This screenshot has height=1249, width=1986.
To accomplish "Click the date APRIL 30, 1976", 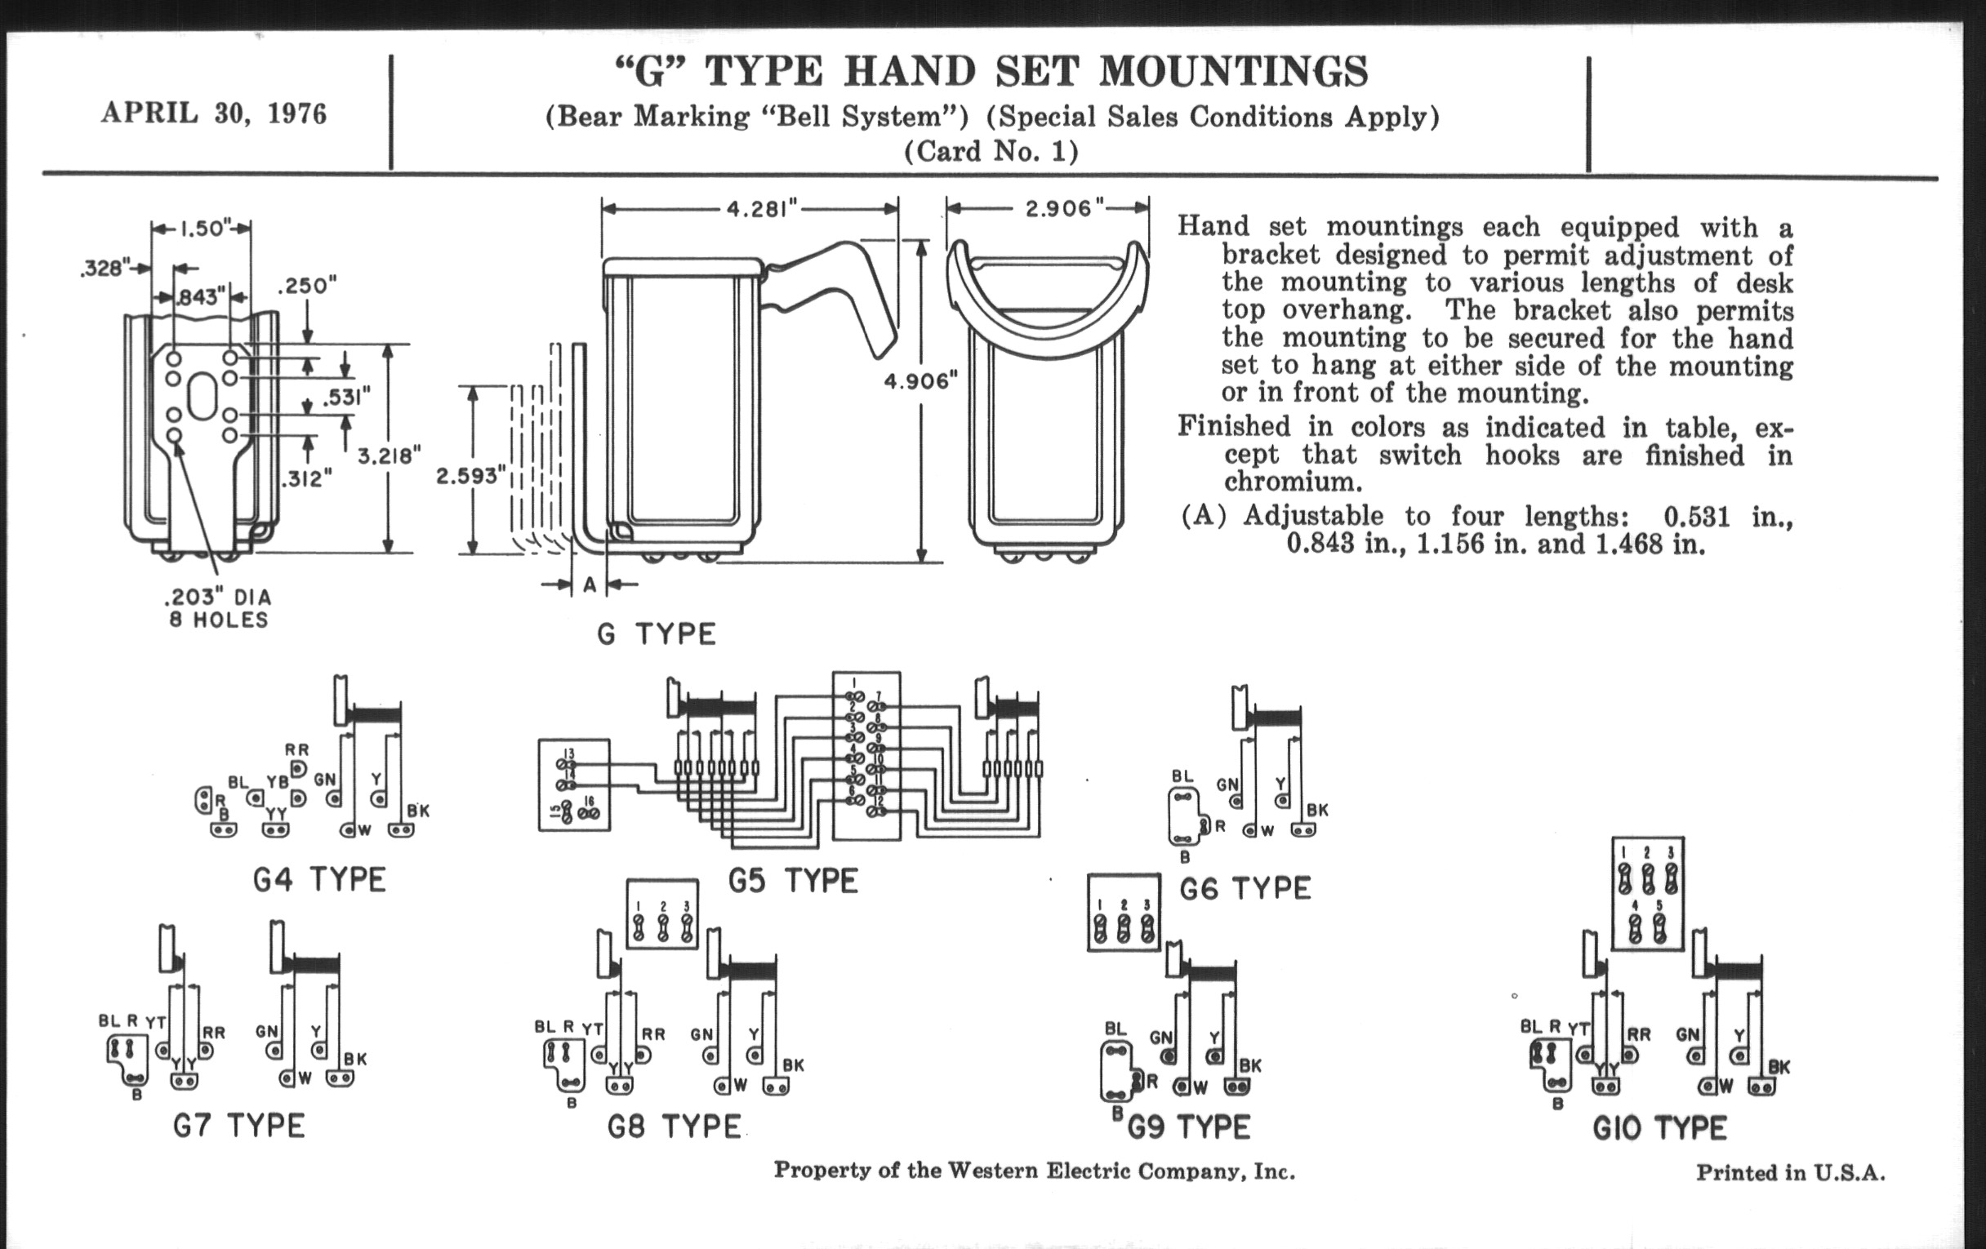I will pyautogui.click(x=214, y=113).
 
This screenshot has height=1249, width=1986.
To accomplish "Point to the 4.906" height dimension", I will pyautogui.click(x=920, y=381).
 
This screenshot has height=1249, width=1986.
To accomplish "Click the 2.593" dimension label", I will pyautogui.click(x=469, y=476).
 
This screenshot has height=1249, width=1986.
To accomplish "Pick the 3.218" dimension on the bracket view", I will pyautogui.click(x=389, y=455).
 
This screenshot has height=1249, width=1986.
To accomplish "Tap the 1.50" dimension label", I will pyautogui.click(x=201, y=229).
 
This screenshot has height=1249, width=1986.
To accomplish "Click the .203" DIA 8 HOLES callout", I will pyautogui.click(x=219, y=608).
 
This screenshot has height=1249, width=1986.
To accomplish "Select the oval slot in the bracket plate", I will pyautogui.click(x=201, y=396).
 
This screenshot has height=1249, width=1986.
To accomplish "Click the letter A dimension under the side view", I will pyautogui.click(x=590, y=584).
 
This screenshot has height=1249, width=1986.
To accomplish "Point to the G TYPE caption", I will pyautogui.click(x=657, y=634).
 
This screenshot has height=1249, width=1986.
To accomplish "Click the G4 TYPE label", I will pyautogui.click(x=319, y=880).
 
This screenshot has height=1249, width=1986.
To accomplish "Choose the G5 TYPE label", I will pyautogui.click(x=793, y=882).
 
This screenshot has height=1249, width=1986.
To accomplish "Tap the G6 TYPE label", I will pyautogui.click(x=1245, y=889).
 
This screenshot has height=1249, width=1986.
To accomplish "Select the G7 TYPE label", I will pyautogui.click(x=239, y=1126).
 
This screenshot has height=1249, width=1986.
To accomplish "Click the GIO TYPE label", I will pyautogui.click(x=1659, y=1128).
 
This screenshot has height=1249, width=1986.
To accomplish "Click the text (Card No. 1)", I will pyautogui.click(x=991, y=153).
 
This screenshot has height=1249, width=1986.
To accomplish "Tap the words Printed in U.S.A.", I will pyautogui.click(x=1790, y=1172).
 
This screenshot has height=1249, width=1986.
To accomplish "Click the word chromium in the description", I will pyautogui.click(x=1289, y=482).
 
